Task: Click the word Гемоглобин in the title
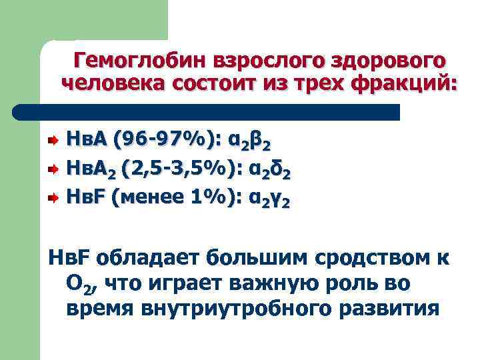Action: (140, 61)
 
